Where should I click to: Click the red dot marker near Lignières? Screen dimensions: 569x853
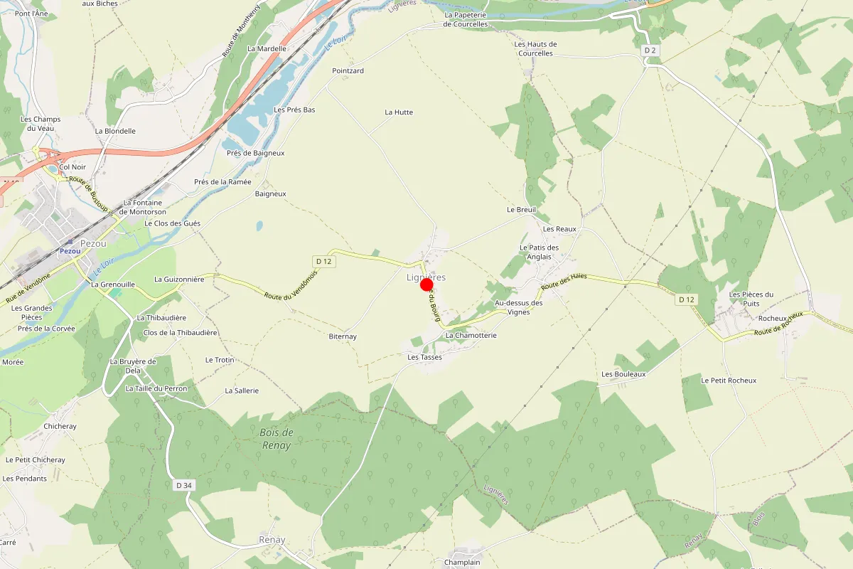click(427, 285)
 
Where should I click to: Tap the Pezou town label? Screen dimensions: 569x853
click(93, 243)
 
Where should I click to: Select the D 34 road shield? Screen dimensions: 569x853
click(183, 485)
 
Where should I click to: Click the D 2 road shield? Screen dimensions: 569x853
click(649, 50)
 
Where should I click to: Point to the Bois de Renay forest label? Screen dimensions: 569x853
click(276, 439)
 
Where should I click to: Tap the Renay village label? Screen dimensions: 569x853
click(272, 540)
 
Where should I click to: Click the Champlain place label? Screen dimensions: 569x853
click(462, 562)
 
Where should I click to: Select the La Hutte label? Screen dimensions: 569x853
click(399, 112)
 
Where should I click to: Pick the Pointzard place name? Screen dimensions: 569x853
click(348, 71)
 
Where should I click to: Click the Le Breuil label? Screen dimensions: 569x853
click(521, 210)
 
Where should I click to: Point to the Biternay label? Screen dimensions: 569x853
click(343, 336)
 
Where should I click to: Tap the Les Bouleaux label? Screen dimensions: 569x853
click(623, 374)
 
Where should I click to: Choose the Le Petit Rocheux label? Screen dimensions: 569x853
click(729, 381)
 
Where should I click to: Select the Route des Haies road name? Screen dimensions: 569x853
click(564, 281)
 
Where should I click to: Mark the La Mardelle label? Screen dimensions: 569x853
click(267, 49)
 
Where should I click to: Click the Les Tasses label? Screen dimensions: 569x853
click(424, 357)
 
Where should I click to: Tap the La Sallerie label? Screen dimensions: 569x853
click(242, 390)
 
